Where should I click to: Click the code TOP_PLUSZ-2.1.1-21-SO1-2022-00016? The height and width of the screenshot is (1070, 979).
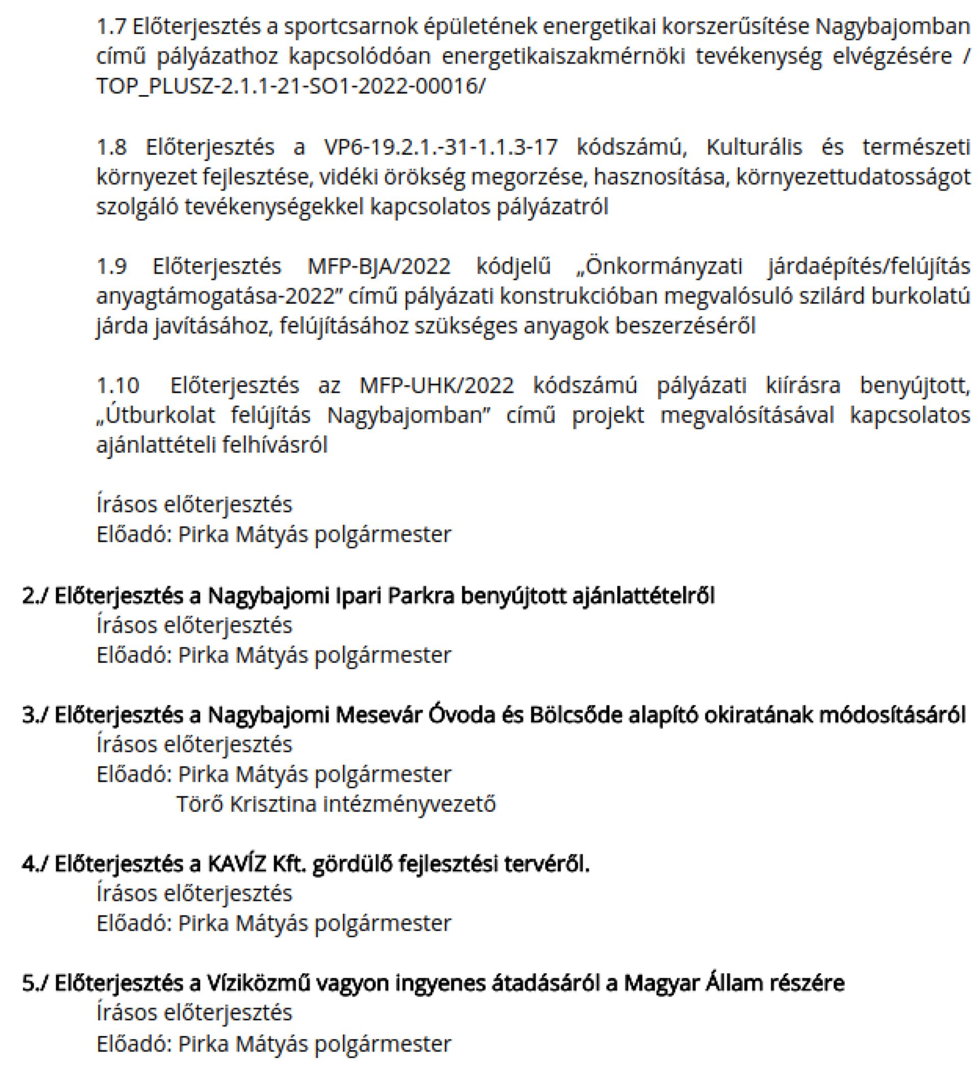289,86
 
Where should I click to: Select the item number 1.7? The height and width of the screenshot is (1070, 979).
112,27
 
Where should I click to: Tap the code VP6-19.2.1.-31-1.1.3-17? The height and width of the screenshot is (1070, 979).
441,146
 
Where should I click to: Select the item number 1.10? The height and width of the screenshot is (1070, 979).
118,386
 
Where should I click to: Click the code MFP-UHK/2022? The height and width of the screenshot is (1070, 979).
436,386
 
